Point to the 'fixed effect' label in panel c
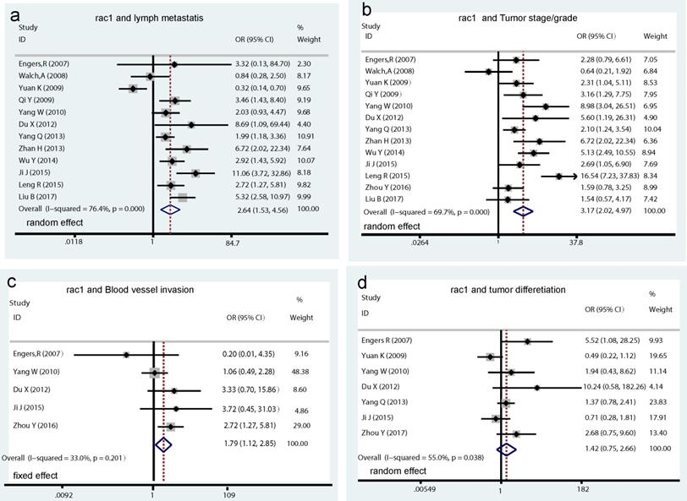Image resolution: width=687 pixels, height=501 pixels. tap(39, 476)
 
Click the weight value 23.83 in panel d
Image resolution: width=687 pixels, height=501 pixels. tap(653, 403)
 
